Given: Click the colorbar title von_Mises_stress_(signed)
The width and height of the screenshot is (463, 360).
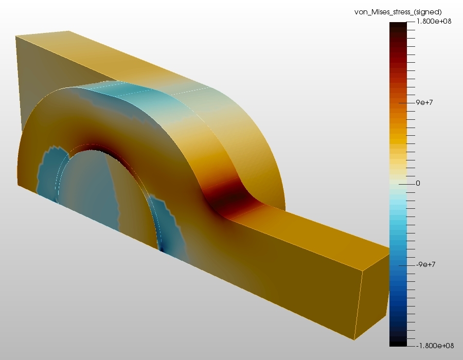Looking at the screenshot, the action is tap(398, 12).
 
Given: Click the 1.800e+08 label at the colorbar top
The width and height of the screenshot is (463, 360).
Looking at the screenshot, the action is tap(434, 21).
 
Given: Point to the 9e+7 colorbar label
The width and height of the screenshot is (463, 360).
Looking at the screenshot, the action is tap(424, 102).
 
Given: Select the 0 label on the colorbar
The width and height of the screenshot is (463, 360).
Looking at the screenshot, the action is tap(418, 183).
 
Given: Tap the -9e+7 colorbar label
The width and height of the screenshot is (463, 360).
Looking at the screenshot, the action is tap(425, 264).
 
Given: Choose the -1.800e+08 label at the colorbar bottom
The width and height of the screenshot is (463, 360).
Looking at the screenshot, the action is tap(435, 346).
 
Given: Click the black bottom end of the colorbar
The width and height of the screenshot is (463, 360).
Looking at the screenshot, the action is tap(398, 343).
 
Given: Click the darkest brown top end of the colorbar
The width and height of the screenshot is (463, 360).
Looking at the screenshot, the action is tap(398, 26).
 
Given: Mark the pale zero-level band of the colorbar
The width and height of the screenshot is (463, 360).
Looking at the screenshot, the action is tap(398, 184).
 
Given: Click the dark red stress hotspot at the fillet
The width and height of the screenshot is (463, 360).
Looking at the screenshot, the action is tap(230, 201).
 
